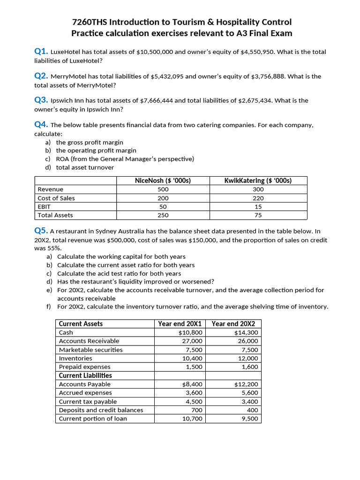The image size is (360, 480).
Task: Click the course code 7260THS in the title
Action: point(90,22)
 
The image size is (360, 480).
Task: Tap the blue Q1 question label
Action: point(41,51)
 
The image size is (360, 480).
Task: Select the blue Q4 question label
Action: point(41,124)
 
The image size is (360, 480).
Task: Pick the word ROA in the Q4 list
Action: point(63,159)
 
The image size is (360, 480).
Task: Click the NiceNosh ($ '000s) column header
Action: point(163,180)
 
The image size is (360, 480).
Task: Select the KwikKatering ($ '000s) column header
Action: point(258,180)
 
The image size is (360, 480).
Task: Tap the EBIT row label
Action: point(44,207)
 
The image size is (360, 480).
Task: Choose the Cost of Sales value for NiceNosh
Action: point(163,198)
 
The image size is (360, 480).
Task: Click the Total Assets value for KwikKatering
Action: point(258,216)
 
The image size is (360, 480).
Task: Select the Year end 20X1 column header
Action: point(180,324)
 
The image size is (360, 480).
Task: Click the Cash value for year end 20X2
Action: point(246,333)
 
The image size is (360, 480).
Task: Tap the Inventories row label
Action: point(75,359)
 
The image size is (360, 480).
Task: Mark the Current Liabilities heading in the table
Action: point(85,375)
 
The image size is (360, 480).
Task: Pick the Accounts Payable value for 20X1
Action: point(192,384)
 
